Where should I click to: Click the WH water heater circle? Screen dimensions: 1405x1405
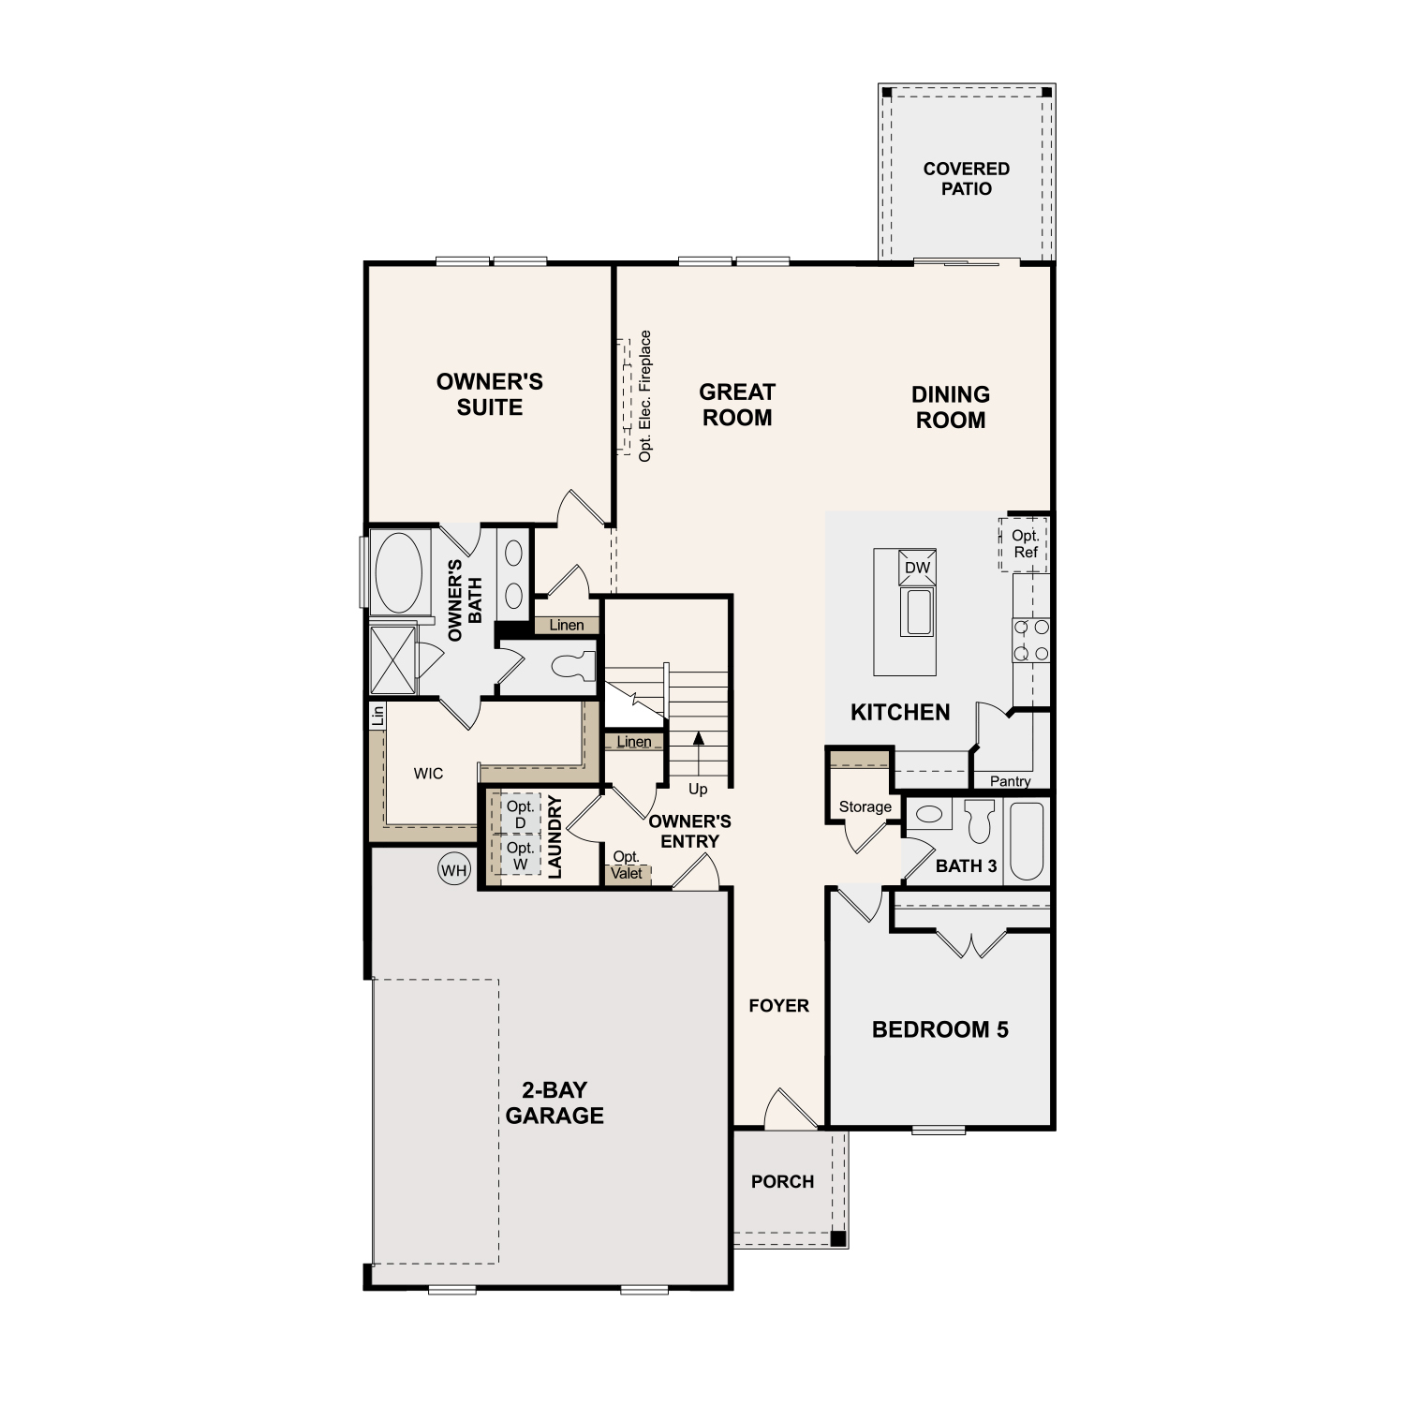454,870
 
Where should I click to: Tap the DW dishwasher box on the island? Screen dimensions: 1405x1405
917,568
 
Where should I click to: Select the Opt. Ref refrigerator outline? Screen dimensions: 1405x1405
1024,544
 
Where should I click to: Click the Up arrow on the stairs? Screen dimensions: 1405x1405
698,750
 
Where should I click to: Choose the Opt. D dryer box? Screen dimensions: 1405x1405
520,814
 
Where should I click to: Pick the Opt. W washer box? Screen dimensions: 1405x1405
520,855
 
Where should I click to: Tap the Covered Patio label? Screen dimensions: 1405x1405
967,178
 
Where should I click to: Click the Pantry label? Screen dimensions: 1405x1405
1010,781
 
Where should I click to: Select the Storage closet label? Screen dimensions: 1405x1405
865,806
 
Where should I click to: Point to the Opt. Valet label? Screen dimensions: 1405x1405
627,865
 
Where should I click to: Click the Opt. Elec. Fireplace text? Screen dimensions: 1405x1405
644,396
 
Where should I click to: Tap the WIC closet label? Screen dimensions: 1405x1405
428,774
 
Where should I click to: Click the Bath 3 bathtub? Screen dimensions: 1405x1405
1027,841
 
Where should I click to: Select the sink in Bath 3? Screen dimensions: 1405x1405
928,814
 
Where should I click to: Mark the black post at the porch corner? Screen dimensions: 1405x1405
838,1238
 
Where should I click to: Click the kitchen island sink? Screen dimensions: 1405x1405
917,612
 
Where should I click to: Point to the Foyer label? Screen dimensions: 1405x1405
778,1006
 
